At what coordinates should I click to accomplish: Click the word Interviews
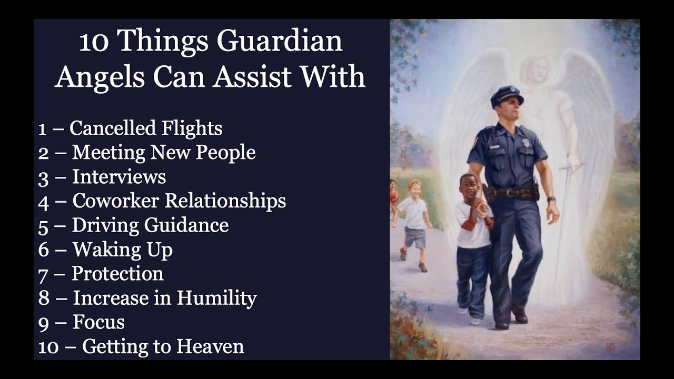pyautogui.click(x=119, y=176)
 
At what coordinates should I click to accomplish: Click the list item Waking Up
pyautogui.click(x=123, y=249)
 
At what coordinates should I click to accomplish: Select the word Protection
pyautogui.click(x=117, y=273)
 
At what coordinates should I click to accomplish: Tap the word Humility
pyautogui.click(x=216, y=298)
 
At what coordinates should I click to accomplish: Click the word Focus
pyautogui.click(x=99, y=322)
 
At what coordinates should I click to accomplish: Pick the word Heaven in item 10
pyautogui.click(x=210, y=346)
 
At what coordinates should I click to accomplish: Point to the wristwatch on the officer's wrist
pyautogui.click(x=550, y=199)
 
